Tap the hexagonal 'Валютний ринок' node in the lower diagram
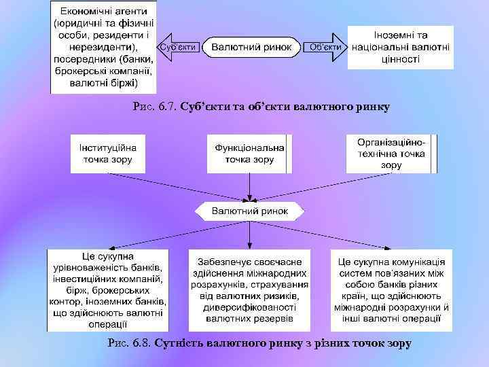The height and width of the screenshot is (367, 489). pos(250,211)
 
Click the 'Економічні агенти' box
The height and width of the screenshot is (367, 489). pos(104,47)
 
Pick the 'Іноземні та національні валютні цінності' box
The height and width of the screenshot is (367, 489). pos(401,47)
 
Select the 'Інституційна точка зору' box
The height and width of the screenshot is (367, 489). pos(108,154)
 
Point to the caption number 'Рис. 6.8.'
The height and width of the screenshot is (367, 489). pos(130,343)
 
